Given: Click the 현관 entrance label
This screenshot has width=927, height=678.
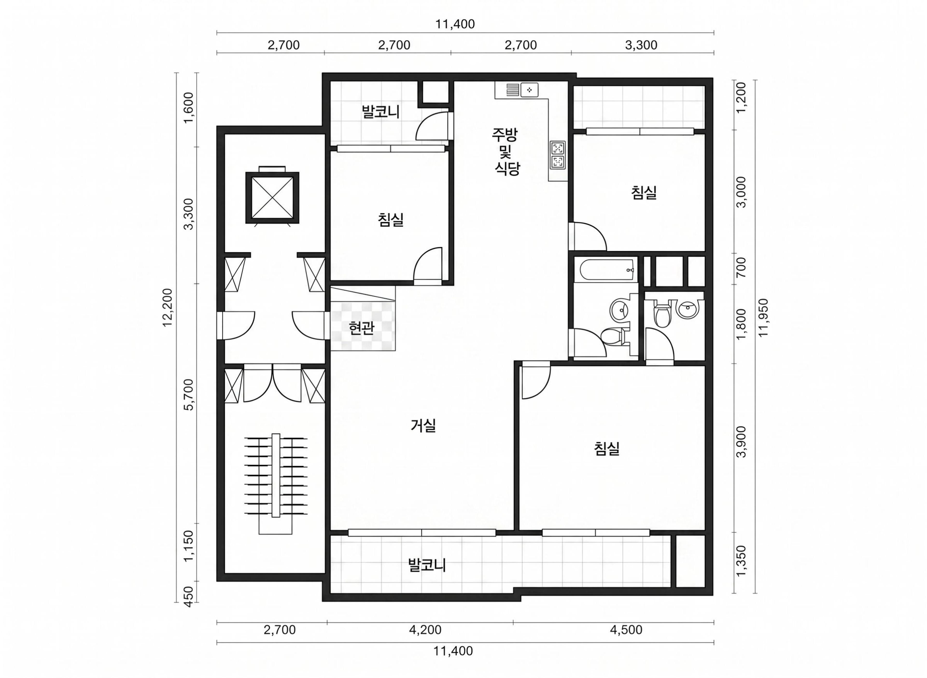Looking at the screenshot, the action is [361, 328].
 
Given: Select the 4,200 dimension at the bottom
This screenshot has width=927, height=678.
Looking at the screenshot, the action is [425, 630].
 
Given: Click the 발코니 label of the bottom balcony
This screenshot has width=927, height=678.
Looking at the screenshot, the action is [427, 565].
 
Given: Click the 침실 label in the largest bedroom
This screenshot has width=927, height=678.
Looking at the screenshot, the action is [607, 449].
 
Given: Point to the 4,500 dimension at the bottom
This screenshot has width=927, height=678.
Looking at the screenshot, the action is [626, 630].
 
